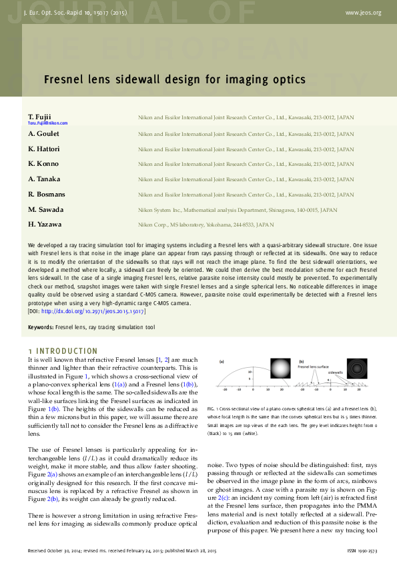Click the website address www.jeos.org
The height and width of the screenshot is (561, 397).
click(x=363, y=13)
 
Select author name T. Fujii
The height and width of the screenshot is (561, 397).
click(x=40, y=117)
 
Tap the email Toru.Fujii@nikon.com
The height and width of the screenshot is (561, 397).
click(x=47, y=123)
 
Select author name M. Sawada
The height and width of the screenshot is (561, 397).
click(x=45, y=209)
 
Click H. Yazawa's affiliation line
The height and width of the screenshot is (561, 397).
click(x=206, y=225)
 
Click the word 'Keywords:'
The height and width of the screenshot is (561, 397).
click(x=40, y=328)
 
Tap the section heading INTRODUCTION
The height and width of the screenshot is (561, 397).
click(x=67, y=350)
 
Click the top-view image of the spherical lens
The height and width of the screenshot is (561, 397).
click(x=281, y=368)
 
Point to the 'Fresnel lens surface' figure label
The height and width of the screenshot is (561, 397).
click(x=313, y=367)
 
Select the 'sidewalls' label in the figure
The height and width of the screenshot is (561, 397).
click(x=336, y=373)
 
